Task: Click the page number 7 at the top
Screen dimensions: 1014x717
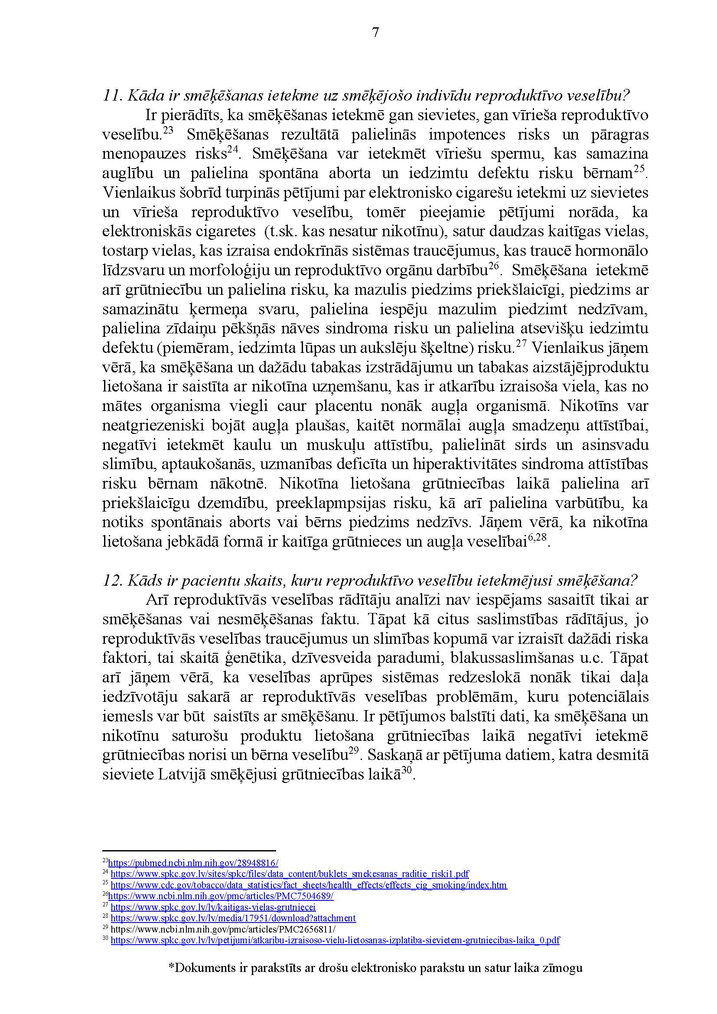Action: [375, 33]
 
